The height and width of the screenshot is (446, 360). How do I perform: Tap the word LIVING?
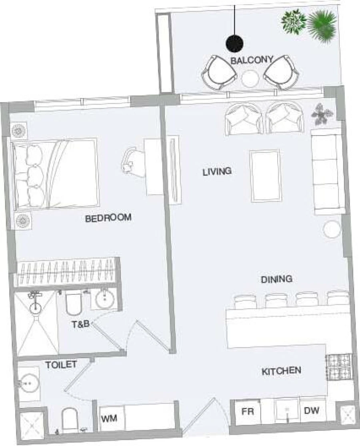[217, 172]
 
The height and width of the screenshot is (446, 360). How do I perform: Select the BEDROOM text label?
[108, 218]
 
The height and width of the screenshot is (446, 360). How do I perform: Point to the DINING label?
[277, 279]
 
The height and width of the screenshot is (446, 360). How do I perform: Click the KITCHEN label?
[281, 371]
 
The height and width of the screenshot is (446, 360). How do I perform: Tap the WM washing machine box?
[109, 419]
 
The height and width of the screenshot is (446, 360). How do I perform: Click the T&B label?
[80, 324]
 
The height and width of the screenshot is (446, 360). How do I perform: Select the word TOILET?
[61, 365]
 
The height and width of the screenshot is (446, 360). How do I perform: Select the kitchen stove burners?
[338, 367]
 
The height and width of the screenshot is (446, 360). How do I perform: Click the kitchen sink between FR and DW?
[287, 410]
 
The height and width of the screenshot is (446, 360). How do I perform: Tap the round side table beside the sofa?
[332, 229]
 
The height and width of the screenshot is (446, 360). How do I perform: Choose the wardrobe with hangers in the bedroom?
[66, 272]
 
